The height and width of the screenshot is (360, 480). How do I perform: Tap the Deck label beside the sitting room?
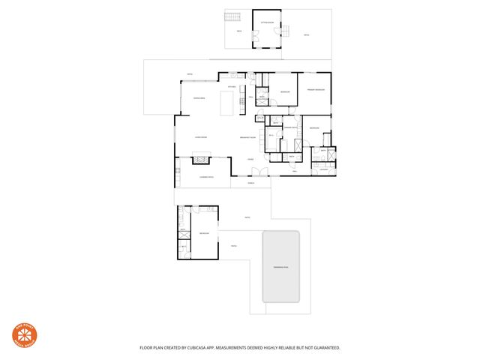(239, 31)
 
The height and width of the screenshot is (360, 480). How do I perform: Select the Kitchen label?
(232, 87)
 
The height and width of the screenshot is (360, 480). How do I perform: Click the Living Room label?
(200, 137)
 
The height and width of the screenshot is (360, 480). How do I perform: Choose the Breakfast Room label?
(248, 137)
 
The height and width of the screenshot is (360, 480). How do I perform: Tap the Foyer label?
(250, 160)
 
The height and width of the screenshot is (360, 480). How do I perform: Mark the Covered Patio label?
(207, 176)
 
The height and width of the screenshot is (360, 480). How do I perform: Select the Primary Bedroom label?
(315, 90)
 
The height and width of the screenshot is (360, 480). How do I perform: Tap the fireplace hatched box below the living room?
(202, 158)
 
